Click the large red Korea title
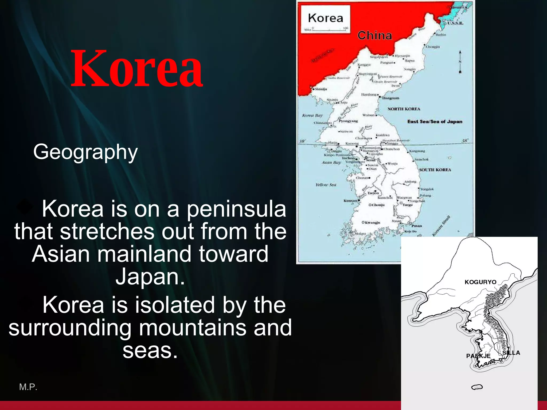coord(136,69)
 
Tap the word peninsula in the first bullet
coord(236,210)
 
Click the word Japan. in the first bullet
coord(150,277)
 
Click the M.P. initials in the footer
coord(28,387)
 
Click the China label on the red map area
coord(374,36)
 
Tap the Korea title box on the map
coord(325,18)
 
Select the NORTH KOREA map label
coord(404,109)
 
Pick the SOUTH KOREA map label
coord(435,170)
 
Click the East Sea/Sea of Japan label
coord(435,122)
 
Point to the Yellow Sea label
coord(326,185)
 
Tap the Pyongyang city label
coord(348,121)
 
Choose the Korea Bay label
coord(312,116)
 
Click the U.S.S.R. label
coord(455,23)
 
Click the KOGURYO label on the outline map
coord(480,282)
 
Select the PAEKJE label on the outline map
coord(478,356)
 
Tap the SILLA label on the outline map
coord(511,353)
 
